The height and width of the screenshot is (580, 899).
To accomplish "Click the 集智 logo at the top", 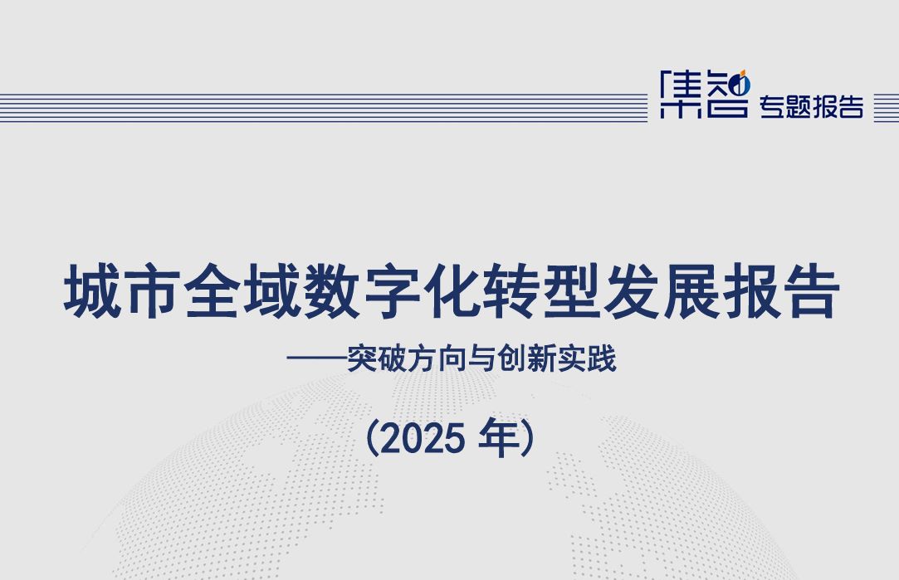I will [704, 95].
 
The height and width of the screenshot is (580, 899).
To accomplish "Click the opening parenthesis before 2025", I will [373, 438].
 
